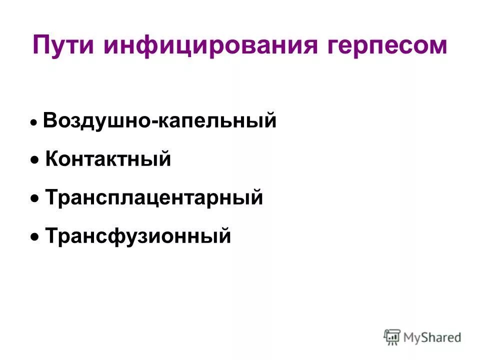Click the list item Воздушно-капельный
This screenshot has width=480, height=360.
click(x=159, y=121)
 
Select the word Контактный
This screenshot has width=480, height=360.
click(x=108, y=159)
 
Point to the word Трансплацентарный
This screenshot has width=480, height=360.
click(x=154, y=197)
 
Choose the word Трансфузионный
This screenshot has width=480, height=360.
click(x=138, y=235)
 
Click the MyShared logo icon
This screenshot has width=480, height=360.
click(x=392, y=337)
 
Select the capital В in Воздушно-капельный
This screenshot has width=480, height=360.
click(x=49, y=121)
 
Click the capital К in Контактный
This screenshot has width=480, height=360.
click(x=51, y=159)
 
